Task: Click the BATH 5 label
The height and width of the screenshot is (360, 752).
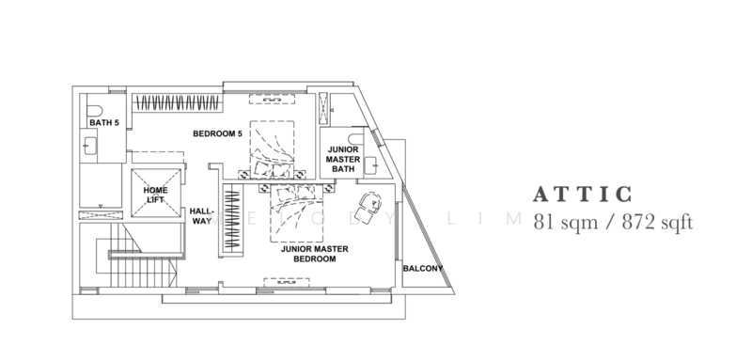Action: (x=103, y=122)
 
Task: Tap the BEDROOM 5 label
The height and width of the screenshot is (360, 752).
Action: (x=218, y=133)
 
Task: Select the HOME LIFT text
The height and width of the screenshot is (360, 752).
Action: (x=156, y=195)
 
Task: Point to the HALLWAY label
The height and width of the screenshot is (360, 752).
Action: (x=202, y=216)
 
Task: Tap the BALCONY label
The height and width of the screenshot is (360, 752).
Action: (x=422, y=269)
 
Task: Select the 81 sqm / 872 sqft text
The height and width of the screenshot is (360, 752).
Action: (x=613, y=224)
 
